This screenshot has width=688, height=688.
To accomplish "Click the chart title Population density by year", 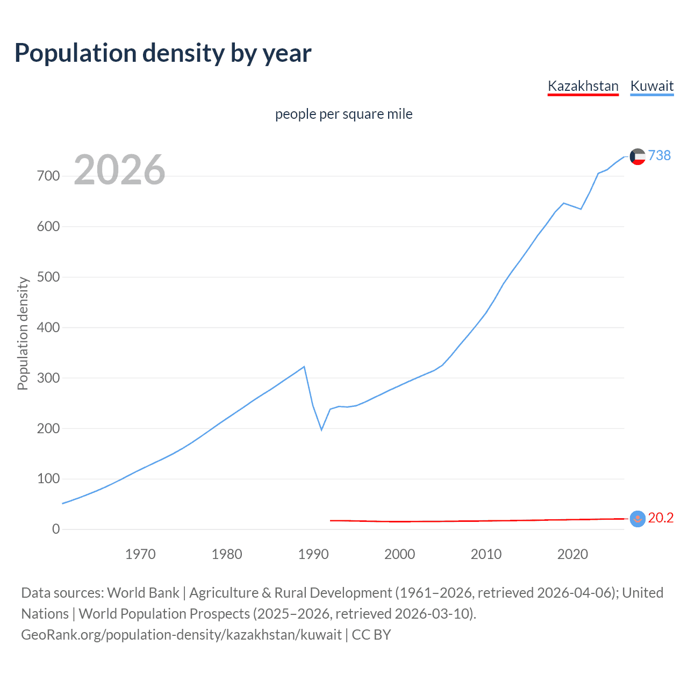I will click(x=163, y=53).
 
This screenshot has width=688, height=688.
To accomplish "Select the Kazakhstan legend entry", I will click(x=583, y=86).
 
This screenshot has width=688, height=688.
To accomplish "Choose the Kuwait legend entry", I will click(x=651, y=86).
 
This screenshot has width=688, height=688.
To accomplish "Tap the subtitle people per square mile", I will click(x=344, y=114).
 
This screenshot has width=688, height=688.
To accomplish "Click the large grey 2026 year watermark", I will click(x=119, y=170).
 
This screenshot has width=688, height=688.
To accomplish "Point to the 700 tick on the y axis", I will click(x=48, y=176).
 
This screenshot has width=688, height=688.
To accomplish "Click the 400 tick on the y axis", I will click(x=48, y=327).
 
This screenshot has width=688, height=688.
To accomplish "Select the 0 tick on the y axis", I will click(x=56, y=529).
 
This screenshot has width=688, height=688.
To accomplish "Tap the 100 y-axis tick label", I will click(x=48, y=479).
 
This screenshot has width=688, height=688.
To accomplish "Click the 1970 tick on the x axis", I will click(x=140, y=554).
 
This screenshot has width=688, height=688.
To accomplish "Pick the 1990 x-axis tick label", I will click(x=313, y=554).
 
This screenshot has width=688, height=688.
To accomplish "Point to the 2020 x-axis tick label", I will click(x=572, y=554).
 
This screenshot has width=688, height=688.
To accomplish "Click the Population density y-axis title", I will click(x=23, y=333).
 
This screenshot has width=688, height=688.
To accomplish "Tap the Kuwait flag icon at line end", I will click(x=637, y=156).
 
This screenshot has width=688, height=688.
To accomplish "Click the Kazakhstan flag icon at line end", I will click(x=637, y=519).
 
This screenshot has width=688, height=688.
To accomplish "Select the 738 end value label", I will click(x=660, y=155).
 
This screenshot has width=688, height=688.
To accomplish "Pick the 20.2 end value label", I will click(x=661, y=518).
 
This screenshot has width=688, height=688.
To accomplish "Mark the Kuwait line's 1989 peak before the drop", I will click(x=304, y=367).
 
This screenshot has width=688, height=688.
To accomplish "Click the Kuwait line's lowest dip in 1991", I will click(x=321, y=429).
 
